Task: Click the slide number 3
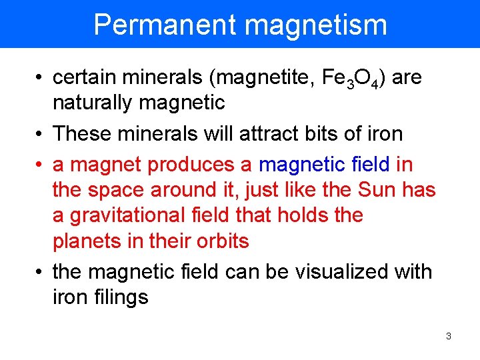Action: (448, 336)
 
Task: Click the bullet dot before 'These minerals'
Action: (41, 134)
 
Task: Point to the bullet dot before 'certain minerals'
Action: (41, 79)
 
